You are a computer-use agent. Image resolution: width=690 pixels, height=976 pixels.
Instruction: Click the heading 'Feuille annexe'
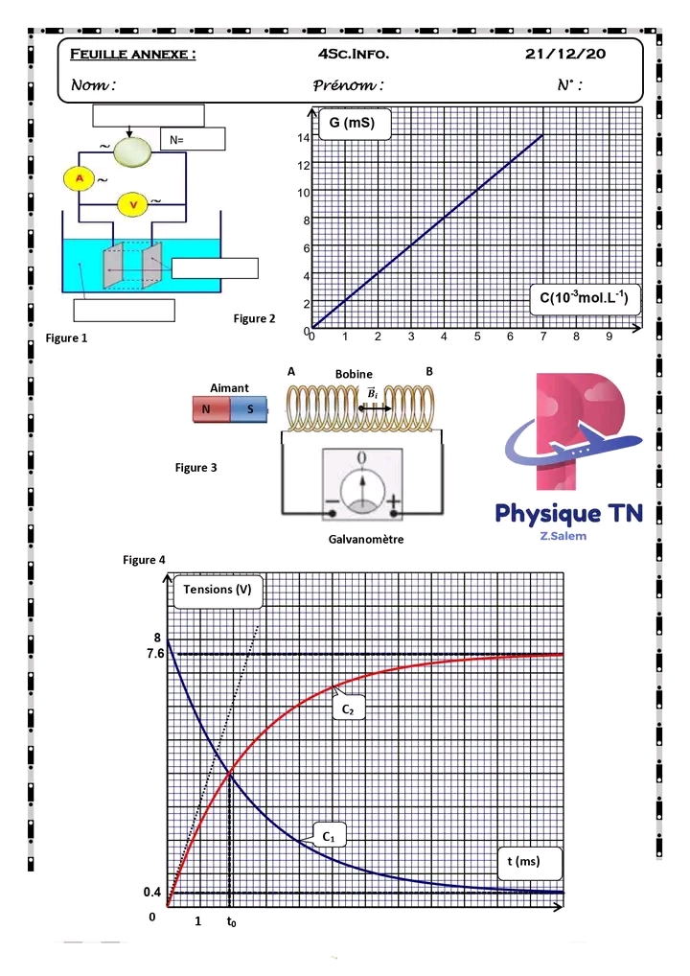[x=133, y=55]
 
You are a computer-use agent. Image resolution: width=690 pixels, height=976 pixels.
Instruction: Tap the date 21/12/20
[x=565, y=55]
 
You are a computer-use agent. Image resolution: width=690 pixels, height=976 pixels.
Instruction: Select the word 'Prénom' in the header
[x=348, y=85]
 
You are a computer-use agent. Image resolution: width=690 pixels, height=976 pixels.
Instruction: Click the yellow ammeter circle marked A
[x=81, y=178]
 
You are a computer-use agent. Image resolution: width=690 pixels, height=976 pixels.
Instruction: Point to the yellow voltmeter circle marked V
[x=133, y=204]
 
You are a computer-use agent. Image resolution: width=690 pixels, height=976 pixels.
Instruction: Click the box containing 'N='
[x=192, y=140]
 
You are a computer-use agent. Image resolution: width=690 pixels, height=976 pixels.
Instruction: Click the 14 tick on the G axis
[x=303, y=138]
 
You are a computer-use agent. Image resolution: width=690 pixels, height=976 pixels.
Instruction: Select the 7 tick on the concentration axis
[x=543, y=337]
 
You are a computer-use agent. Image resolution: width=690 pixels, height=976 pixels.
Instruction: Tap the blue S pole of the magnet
[x=249, y=409]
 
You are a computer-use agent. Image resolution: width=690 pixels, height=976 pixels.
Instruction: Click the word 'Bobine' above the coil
[x=354, y=374]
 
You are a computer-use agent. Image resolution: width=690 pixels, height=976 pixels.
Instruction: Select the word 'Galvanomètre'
[x=365, y=540]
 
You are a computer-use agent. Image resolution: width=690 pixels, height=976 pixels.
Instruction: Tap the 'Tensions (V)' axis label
[x=217, y=590]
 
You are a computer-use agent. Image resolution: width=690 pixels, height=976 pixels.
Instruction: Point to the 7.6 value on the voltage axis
[x=154, y=654]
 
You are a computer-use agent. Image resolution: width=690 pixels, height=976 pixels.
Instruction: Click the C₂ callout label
[x=349, y=709]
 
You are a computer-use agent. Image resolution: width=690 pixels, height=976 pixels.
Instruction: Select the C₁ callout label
[x=328, y=836]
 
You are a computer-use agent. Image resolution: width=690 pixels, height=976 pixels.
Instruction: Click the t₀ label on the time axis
[x=231, y=922]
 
